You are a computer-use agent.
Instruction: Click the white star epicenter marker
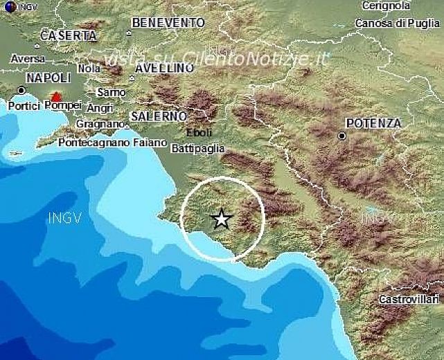(x=221, y=219)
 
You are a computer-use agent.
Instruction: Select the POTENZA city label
(x=373, y=123)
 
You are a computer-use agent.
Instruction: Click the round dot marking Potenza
(x=342, y=136)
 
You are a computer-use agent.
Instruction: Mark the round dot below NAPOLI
(x=21, y=90)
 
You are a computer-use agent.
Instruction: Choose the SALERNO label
(x=158, y=116)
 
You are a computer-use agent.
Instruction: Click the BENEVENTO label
(x=168, y=23)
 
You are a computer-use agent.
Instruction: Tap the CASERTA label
(x=68, y=35)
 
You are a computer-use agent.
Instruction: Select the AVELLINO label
(x=164, y=68)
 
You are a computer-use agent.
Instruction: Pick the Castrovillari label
(x=409, y=299)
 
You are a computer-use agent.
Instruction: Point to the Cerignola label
(x=386, y=6)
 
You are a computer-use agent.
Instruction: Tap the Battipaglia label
(x=197, y=147)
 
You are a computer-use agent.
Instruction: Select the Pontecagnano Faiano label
(x=113, y=143)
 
